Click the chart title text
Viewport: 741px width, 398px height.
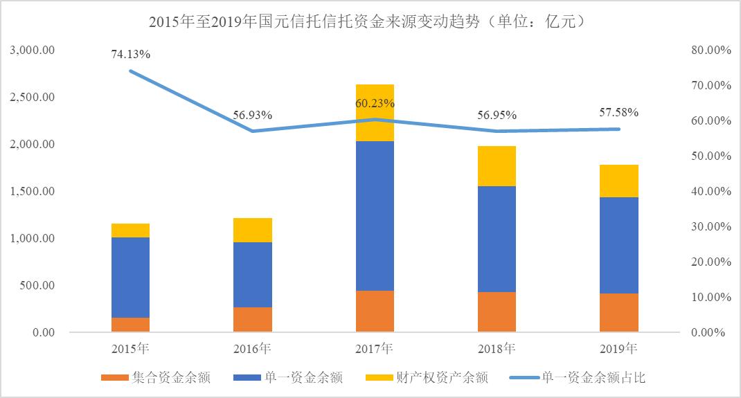click(x=370, y=21)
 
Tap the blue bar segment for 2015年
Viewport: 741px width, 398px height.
click(x=131, y=277)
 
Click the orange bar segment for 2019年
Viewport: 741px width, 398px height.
click(x=619, y=312)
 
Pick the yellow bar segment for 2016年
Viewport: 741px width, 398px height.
click(x=253, y=230)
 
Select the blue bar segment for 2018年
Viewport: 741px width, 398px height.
click(x=497, y=239)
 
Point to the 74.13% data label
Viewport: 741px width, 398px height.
click(x=131, y=54)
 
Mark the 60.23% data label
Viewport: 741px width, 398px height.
click(x=375, y=103)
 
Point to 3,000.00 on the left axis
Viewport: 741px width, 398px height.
click(x=32, y=51)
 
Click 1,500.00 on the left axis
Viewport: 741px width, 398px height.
click(x=32, y=192)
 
